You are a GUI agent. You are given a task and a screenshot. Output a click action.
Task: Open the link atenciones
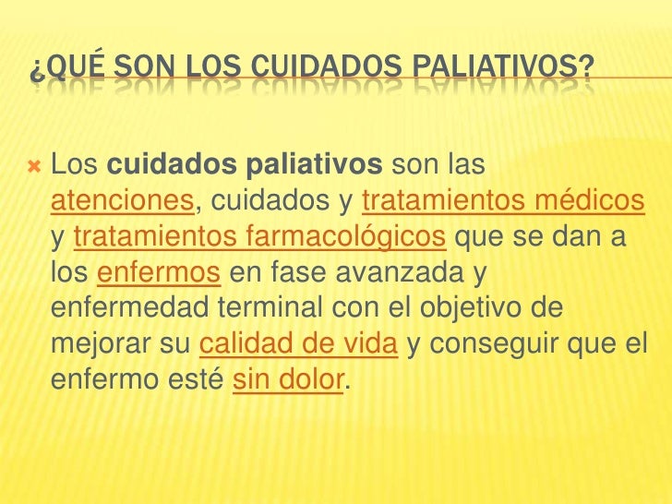coord(122,198)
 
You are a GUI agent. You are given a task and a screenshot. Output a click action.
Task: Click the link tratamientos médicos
coord(503,198)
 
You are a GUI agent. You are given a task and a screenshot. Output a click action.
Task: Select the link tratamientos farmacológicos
coord(260,236)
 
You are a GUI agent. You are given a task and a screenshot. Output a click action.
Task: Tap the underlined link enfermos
coord(158,274)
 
